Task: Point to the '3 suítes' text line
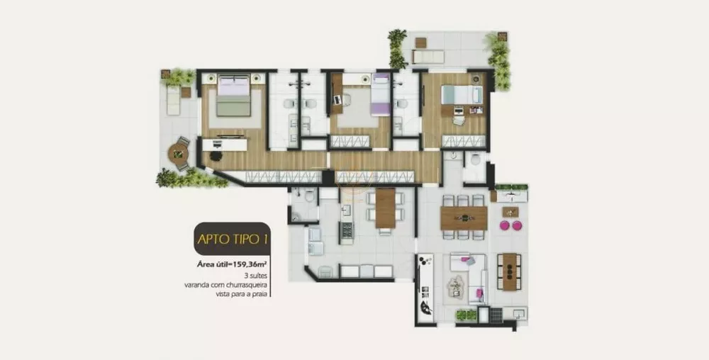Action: coord(256,274)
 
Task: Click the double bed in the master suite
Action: coord(234,97)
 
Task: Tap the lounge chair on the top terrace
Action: coord(428,57)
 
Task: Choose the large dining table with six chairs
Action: coord(464,218)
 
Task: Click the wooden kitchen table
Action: coord(385,208)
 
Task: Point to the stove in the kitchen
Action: coord(347,232)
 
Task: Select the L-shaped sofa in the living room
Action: coord(469,273)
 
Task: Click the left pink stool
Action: coord(506,225)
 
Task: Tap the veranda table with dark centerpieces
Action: coord(508,271)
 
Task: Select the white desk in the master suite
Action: coord(225,145)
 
